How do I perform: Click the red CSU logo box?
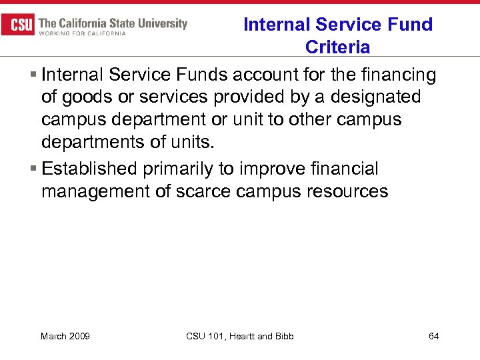click(19, 25)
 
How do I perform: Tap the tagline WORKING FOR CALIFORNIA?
click(82, 34)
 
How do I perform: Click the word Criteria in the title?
click(337, 47)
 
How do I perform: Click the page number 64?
click(433, 336)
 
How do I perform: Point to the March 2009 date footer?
click(65, 336)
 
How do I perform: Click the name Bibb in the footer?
click(283, 336)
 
